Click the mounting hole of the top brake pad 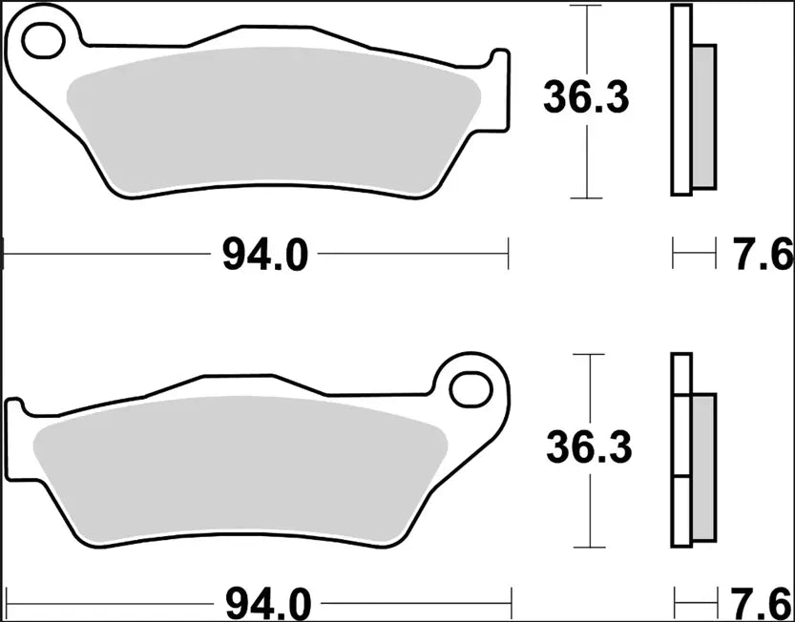[x=44, y=41]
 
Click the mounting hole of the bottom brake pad [x=471, y=389]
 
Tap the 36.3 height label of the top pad [x=586, y=97]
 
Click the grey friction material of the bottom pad [x=239, y=467]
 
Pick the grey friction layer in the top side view [x=703, y=114]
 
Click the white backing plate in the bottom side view [x=680, y=448]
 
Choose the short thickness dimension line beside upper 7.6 [x=694, y=255]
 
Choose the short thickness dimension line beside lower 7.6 [x=694, y=603]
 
